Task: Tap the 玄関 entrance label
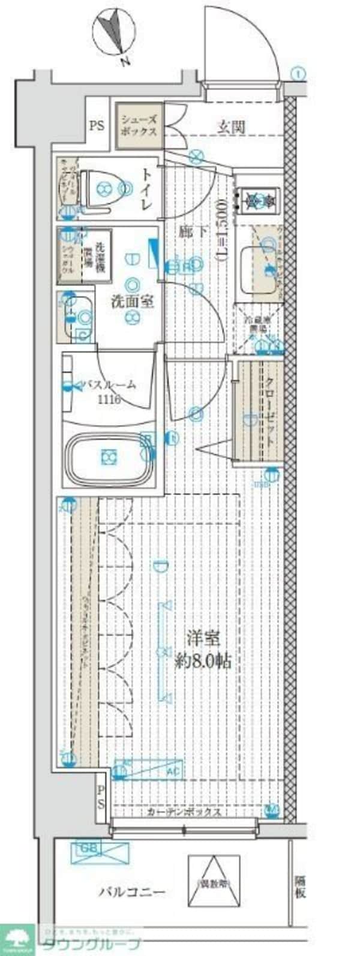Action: click(x=230, y=127)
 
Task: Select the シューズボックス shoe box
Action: click(x=138, y=126)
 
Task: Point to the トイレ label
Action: click(x=146, y=189)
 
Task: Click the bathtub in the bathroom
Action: click(x=109, y=458)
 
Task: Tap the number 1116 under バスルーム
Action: click(x=109, y=399)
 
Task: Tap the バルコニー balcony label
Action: click(x=131, y=892)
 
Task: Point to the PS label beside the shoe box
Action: click(x=97, y=126)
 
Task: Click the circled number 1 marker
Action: click(x=299, y=74)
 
